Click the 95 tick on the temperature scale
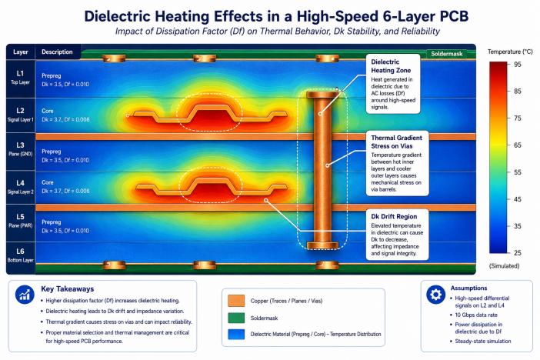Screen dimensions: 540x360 [x=517, y=65]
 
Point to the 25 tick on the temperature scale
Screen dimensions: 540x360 [x=517, y=253]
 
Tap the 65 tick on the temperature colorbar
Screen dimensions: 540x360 [x=517, y=145]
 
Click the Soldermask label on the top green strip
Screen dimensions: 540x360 [x=446, y=54]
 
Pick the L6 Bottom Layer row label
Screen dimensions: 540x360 [x=20, y=255]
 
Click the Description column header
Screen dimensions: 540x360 [x=57, y=52]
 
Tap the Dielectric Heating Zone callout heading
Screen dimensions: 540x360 [x=391, y=66]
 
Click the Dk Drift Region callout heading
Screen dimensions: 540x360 [x=394, y=217]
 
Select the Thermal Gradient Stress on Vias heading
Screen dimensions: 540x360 [x=396, y=142]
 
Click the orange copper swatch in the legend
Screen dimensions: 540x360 [x=236, y=301]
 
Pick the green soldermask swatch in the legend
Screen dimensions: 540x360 [x=236, y=318]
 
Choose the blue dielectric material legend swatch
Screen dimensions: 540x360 [x=236, y=334]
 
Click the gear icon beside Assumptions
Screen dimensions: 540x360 [x=435, y=295]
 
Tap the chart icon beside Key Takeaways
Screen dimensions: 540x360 [x=25, y=295]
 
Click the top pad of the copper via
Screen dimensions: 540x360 [x=322, y=94]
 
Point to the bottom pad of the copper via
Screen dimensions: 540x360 [x=322, y=245]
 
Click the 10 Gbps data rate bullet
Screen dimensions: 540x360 [x=476, y=315]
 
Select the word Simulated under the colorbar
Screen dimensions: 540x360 [x=504, y=266]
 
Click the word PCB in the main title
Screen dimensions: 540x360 [x=452, y=16]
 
